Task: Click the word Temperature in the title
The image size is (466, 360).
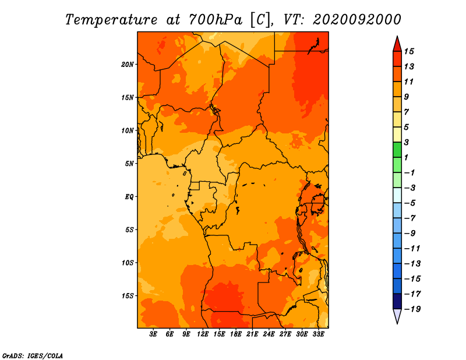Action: (111, 20)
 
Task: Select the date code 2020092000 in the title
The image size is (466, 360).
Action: (357, 20)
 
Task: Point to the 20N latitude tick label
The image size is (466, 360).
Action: (128, 65)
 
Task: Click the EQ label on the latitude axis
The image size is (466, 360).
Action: (129, 197)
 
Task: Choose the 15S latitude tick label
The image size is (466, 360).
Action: (128, 296)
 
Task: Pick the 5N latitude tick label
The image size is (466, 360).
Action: (129, 164)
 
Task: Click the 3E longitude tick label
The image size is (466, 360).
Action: (153, 334)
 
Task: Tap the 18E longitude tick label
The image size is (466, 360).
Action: (236, 334)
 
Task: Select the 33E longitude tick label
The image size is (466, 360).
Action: (318, 334)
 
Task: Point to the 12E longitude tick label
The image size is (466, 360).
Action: (203, 334)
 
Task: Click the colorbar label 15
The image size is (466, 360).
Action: (409, 51)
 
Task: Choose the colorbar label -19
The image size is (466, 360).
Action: (412, 309)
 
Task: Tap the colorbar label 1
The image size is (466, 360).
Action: (406, 157)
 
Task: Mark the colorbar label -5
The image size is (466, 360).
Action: (410, 203)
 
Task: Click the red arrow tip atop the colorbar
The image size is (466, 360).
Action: (397, 37)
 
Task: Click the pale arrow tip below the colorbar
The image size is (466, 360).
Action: (397, 323)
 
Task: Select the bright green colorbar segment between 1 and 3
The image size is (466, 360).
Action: (397, 150)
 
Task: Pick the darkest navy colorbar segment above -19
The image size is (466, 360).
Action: (397, 301)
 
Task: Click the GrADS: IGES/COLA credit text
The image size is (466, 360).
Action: (33, 356)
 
